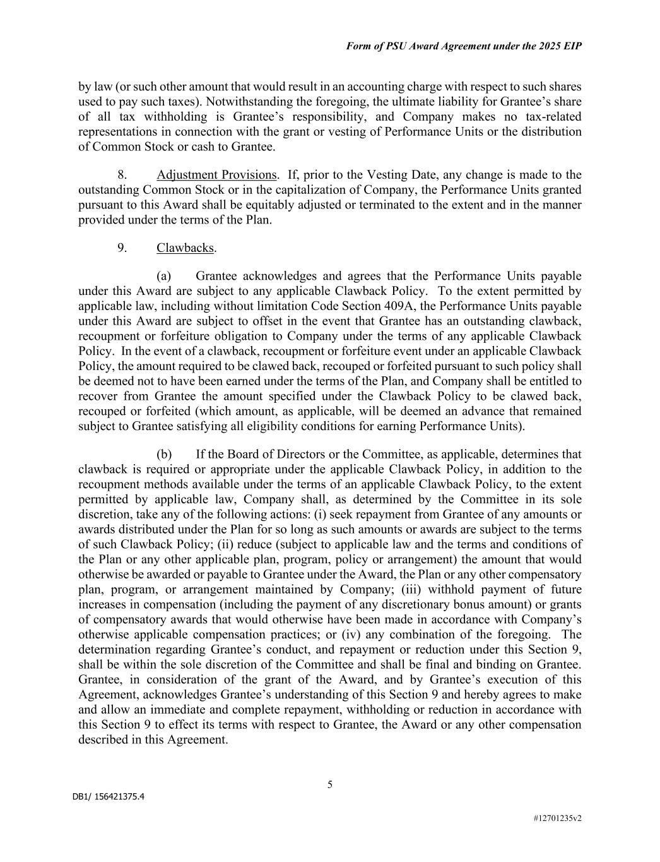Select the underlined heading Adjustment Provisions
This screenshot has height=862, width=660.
tap(216, 175)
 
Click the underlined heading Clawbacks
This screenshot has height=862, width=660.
tap(185, 248)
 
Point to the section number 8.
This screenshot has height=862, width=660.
tap(122, 175)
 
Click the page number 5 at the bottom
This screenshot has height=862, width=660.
tap(330, 785)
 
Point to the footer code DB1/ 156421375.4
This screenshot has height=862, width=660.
tap(109, 797)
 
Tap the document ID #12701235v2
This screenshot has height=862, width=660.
tap(557, 818)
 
